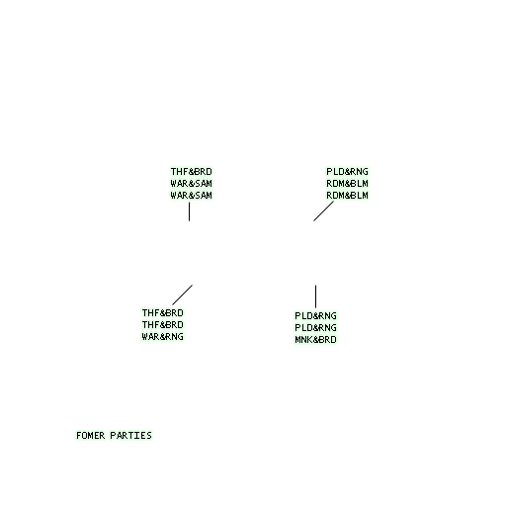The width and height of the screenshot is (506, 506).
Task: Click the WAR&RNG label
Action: pos(162,337)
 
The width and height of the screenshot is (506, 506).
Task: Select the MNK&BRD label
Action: pos(315,340)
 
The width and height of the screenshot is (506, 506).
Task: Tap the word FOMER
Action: pos(91,436)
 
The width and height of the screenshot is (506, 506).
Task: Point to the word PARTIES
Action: pos(130,436)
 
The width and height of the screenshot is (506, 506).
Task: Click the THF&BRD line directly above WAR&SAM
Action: pos(191,172)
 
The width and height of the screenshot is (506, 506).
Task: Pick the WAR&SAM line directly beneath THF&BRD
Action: pos(191,184)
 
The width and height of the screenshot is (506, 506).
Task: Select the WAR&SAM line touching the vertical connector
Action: pos(191,196)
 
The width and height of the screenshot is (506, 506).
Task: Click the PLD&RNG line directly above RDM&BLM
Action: pos(347,172)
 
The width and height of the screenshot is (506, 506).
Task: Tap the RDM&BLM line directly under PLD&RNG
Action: pos(347,184)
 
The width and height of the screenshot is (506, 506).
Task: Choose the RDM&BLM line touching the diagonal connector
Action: pos(347,196)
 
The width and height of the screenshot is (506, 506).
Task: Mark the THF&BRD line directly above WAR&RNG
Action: pos(162,325)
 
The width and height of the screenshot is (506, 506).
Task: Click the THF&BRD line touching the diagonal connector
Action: pos(162,313)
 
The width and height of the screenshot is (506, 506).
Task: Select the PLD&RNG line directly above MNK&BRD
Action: pos(315,328)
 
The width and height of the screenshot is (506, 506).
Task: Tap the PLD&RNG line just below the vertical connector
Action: pos(315,316)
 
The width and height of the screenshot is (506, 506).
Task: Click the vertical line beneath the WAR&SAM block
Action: pos(189,211)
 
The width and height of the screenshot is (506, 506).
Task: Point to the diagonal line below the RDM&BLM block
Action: pos(323,211)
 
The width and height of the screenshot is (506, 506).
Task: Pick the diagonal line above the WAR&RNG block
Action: pos(182,295)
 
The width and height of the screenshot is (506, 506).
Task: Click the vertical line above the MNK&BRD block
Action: pos(315,296)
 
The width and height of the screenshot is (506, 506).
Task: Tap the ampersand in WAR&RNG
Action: pos(162,337)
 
